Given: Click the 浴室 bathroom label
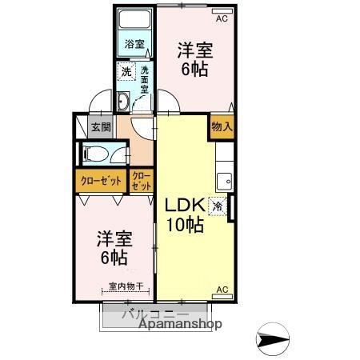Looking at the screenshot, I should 134,45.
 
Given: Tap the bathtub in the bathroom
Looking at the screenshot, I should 134,21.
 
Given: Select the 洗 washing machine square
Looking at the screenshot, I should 126,72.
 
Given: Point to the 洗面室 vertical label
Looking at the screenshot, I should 145,79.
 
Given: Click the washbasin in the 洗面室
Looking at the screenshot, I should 125,101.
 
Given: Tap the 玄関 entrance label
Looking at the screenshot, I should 99,127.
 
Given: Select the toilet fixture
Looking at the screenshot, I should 98,154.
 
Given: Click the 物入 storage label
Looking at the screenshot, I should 222,126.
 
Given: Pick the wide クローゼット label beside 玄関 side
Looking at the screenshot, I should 101,181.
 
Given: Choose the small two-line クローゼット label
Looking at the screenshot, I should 141,181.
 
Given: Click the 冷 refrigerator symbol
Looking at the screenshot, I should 218,206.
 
